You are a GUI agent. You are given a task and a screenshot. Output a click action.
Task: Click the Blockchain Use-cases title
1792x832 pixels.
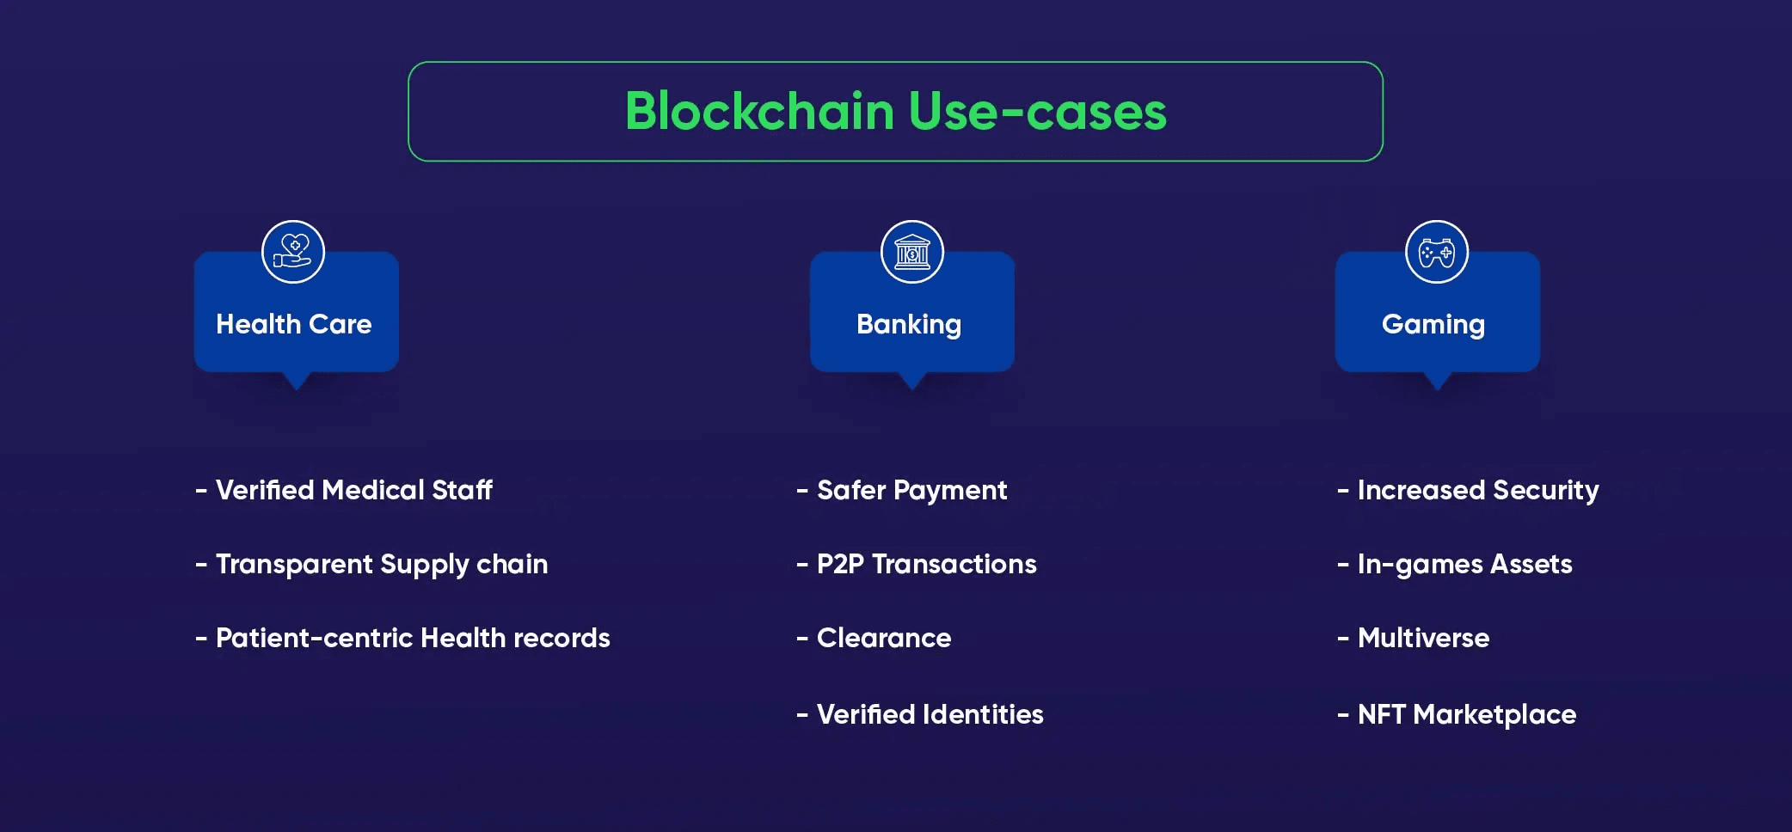[895, 112]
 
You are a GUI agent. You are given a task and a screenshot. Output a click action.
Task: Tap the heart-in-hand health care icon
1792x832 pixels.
[293, 252]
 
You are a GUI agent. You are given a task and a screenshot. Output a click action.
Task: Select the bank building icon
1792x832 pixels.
[912, 252]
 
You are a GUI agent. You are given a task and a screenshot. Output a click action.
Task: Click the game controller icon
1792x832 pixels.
[1436, 252]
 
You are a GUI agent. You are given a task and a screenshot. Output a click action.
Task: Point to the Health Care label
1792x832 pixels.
[294, 324]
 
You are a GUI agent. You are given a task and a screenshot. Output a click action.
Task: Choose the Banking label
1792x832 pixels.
[909, 324]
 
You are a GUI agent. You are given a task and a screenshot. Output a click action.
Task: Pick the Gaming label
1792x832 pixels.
[1433, 324]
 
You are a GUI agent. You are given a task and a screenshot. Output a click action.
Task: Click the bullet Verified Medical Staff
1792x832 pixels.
[353, 490]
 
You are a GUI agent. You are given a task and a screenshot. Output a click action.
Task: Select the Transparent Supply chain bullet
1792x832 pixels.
[381, 564]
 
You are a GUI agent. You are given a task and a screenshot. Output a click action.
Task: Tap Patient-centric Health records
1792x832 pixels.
[413, 638]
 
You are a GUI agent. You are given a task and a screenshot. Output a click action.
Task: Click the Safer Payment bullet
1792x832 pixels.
[911, 490]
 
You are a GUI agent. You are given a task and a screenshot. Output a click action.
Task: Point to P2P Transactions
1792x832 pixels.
[926, 564]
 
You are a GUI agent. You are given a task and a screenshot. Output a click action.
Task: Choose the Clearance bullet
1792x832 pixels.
[884, 638]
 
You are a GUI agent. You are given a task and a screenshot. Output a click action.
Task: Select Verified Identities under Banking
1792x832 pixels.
[930, 714]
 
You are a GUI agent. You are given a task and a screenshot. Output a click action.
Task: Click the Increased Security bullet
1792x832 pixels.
[1477, 490]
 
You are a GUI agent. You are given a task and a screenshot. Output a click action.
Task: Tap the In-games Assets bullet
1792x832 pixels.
[1464, 564]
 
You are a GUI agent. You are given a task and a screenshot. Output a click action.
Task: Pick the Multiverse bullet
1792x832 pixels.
[1423, 638]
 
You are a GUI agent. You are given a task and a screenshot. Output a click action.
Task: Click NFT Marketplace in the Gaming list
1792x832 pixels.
[1466, 714]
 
